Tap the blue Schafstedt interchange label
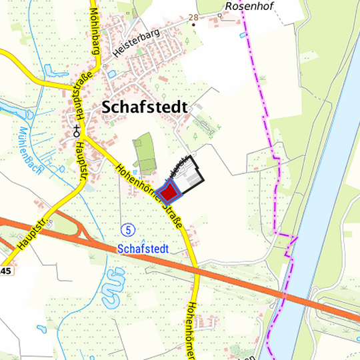pyautogui.click(x=143, y=249)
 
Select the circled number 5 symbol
pyautogui.click(x=128, y=229)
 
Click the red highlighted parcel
pyautogui.click(x=171, y=192)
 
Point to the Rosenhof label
pyautogui.click(x=245, y=6)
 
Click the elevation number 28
pyautogui.click(x=193, y=17)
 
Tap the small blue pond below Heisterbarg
pyautogui.click(x=111, y=73)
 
